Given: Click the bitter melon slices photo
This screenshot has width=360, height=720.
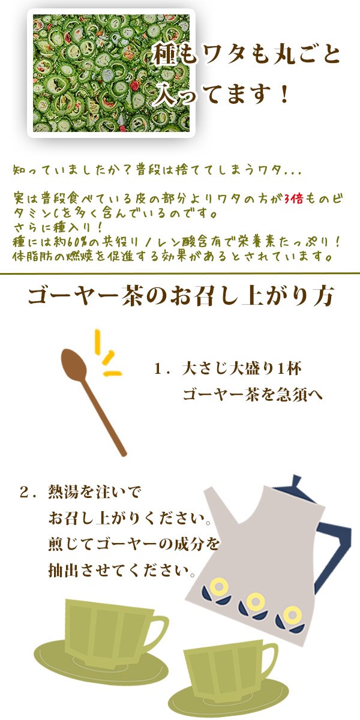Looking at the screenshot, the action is [x=111, y=73].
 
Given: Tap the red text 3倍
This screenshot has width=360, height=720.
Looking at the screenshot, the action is [x=293, y=199].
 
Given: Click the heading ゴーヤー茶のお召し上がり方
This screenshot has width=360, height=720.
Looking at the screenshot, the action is [x=181, y=296].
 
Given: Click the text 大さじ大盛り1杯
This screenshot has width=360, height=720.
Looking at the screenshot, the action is [x=242, y=369].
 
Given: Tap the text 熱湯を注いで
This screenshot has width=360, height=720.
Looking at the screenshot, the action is [x=95, y=493].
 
